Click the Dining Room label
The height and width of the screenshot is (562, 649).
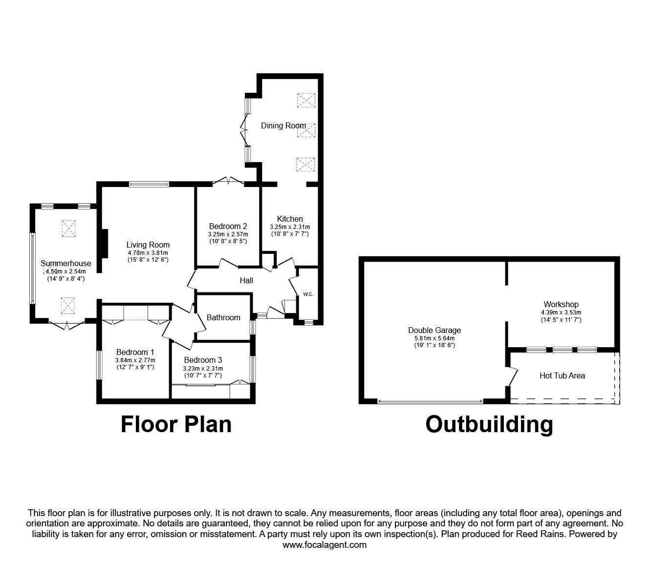point(283,126)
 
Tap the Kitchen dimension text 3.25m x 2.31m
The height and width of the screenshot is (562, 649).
point(290,227)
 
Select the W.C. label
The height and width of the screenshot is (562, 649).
point(308,294)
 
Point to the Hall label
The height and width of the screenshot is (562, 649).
point(246,280)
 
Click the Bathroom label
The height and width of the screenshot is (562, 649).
point(223,317)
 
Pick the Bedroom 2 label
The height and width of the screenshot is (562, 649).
point(228,226)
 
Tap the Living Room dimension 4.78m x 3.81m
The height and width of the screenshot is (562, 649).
point(148,252)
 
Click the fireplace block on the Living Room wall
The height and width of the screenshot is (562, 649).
point(104,244)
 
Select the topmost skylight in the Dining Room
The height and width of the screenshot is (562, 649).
point(306,101)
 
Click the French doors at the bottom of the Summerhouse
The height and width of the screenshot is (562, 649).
point(67,324)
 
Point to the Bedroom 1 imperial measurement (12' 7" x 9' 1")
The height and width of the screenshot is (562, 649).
point(135,367)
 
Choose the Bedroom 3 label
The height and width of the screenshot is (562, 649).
point(203,360)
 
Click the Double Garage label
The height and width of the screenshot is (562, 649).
point(434,330)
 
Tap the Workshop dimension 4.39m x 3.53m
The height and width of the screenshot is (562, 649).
point(561,312)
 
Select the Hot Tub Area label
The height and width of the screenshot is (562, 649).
point(562,375)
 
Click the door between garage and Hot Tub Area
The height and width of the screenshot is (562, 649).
point(513,376)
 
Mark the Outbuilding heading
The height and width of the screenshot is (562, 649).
point(489,425)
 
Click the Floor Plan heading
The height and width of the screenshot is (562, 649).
point(176,425)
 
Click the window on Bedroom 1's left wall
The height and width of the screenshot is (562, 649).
point(99,365)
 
